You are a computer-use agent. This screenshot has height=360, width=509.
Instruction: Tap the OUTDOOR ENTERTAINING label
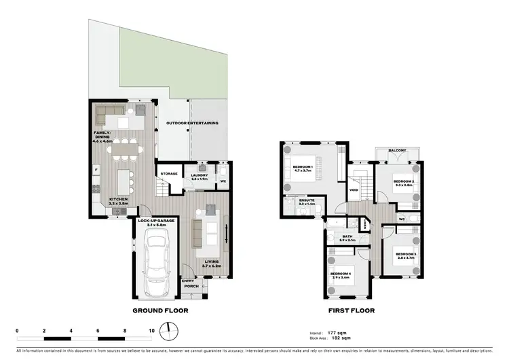tap(192, 123)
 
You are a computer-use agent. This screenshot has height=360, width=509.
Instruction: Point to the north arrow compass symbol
tap(170, 332)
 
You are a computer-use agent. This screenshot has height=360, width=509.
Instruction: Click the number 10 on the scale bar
tap(152, 330)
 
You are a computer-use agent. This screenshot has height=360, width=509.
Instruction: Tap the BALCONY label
tap(397, 151)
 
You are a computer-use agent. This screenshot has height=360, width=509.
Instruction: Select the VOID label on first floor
tap(354, 190)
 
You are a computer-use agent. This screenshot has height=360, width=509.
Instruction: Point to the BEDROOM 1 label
tap(303, 168)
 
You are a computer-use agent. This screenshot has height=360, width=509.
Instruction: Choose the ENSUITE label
tap(297, 201)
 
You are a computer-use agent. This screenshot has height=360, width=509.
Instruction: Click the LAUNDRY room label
tap(199, 177)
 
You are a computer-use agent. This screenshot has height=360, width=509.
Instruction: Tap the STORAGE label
tap(169, 174)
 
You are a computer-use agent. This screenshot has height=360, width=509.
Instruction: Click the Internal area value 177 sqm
tap(333, 333)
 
